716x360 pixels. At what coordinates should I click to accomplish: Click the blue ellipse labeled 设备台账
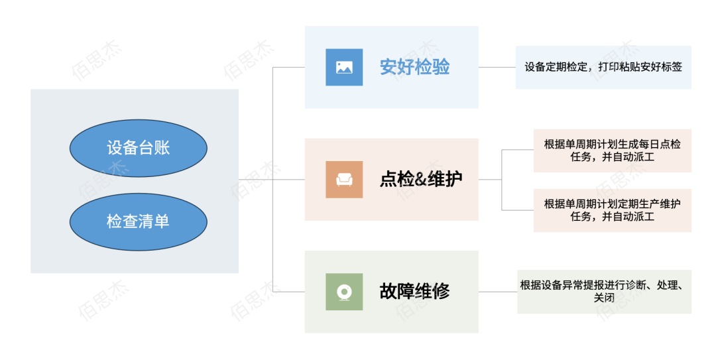coord(138,147)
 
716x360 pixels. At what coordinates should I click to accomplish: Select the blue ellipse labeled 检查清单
coord(138,221)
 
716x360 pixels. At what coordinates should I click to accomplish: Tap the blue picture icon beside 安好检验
coord(344,67)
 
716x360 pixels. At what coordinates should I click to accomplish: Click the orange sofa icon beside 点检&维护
coord(344,179)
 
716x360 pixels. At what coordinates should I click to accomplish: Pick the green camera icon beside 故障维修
coord(344,292)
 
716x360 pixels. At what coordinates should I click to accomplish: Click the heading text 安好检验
coord(414,67)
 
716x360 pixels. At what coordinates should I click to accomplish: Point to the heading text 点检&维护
coord(420,179)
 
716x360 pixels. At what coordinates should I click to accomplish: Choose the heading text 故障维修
coord(414,292)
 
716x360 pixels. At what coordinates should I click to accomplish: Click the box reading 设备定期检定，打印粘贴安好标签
coord(603,67)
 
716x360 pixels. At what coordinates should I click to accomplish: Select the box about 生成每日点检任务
coord(612,150)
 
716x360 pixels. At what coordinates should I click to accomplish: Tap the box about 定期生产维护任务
coord(612,210)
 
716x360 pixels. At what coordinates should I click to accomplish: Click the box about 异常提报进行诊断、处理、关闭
coord(604,292)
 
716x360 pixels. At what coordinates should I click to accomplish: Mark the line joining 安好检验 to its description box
coord(497,67)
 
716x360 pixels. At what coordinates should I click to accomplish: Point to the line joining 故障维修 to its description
coord(497,292)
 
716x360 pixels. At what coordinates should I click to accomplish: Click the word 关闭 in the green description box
coord(604,298)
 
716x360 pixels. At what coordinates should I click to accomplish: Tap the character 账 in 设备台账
coord(162,147)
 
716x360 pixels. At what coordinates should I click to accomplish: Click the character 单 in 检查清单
coord(162,221)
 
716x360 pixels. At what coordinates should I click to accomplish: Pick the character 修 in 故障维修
coord(441,292)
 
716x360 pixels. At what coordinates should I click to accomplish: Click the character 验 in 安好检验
coord(441,67)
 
